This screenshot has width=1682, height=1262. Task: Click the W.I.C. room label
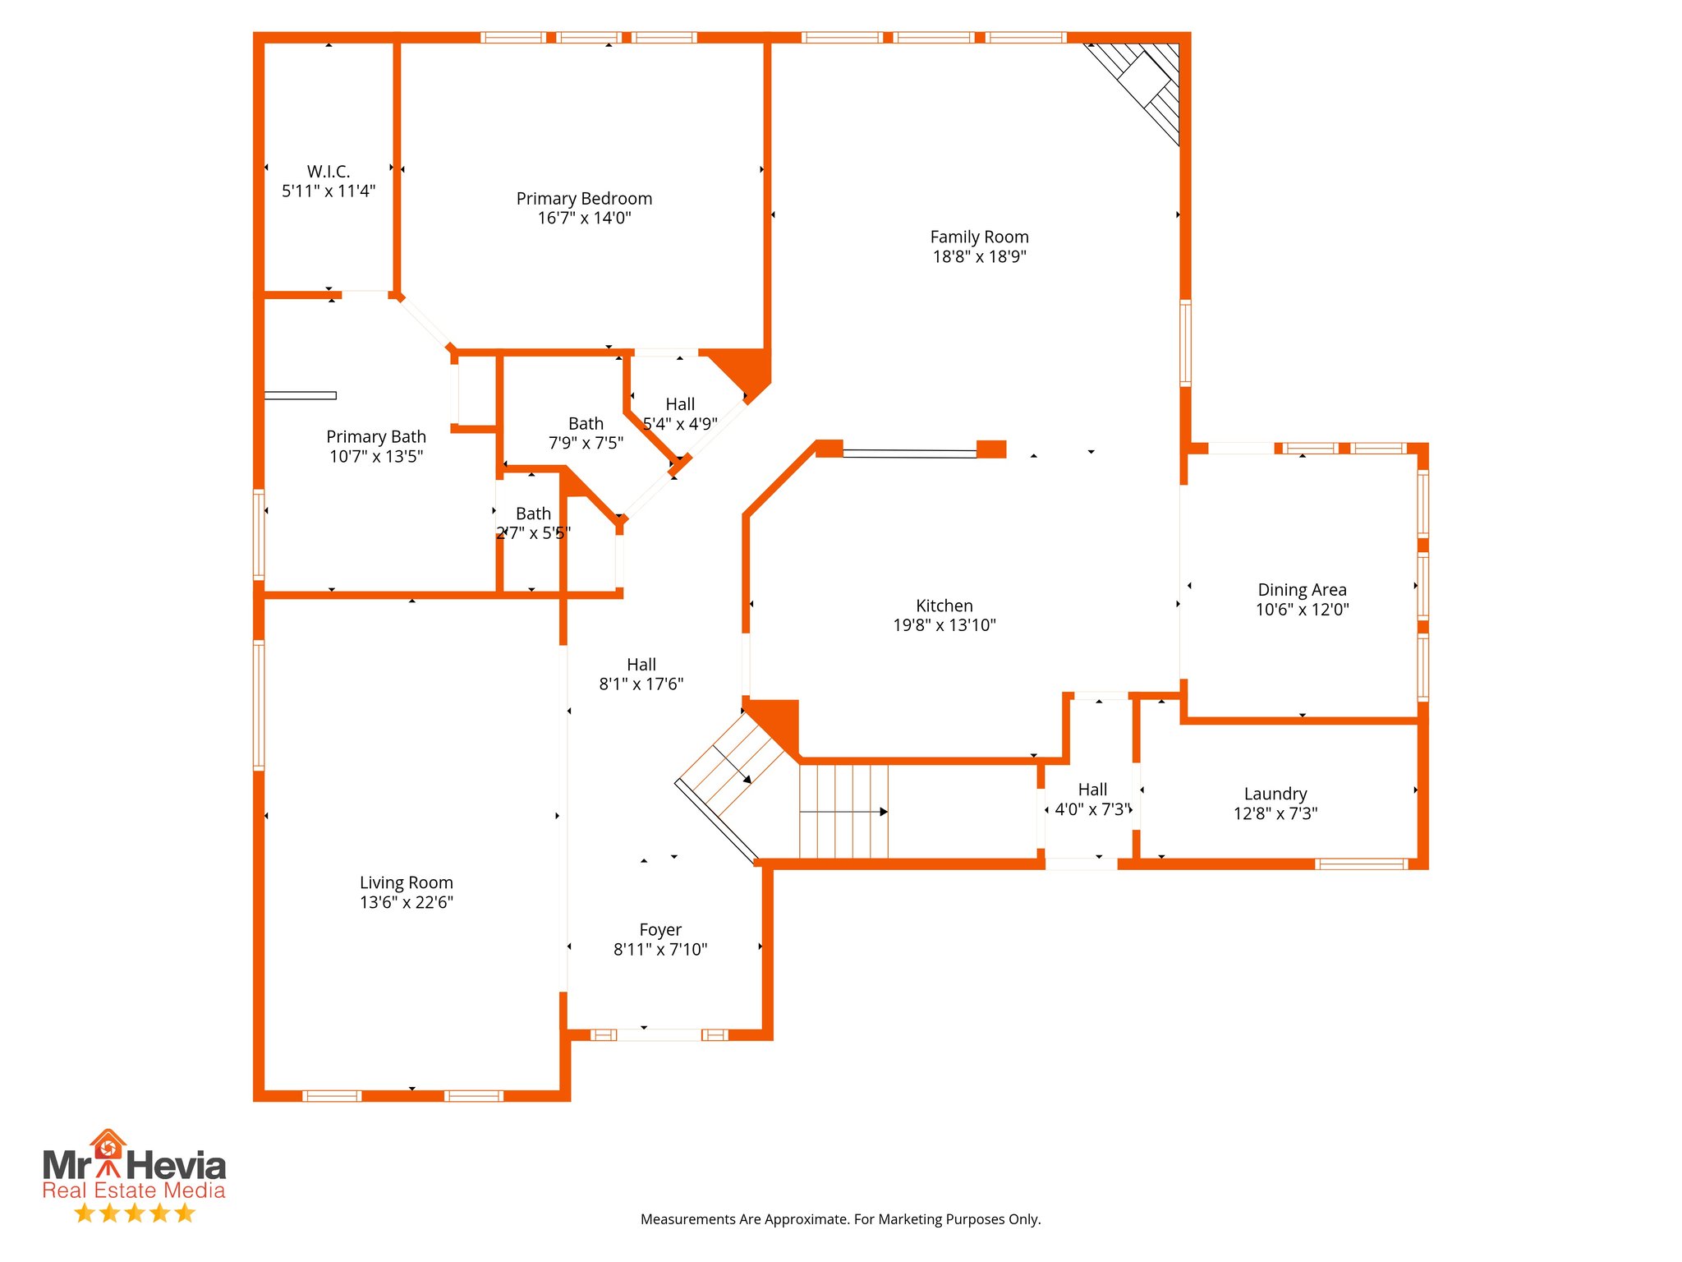329,172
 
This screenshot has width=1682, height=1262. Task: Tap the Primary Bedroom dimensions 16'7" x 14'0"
584,218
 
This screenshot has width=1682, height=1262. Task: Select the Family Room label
979,237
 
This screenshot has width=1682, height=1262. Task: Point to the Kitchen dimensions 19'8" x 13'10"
944,625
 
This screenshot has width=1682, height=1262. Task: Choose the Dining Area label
1302,590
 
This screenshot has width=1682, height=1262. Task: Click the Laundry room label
1275,794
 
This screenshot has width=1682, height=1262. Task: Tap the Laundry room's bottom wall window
1361,864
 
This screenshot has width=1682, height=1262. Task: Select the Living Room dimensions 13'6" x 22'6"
407,902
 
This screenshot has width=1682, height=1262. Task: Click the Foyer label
660,930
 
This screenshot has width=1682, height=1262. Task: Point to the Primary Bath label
376,436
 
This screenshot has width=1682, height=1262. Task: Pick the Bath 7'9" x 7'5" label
586,424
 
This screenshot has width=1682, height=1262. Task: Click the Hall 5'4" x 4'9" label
680,404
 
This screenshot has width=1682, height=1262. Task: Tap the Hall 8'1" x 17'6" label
641,665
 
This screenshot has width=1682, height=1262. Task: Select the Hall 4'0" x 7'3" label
1092,790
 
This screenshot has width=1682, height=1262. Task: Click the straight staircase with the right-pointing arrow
843,812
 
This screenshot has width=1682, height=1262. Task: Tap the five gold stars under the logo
134,1214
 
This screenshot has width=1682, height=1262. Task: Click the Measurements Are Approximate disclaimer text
840,1219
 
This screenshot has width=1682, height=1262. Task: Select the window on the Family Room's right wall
1185,343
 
